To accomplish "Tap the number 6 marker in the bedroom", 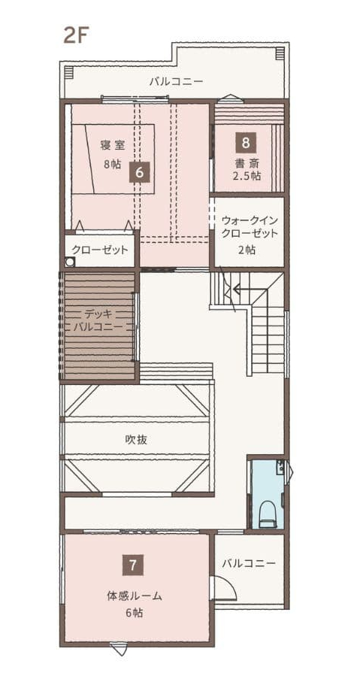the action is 139,172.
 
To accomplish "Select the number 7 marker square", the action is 133,565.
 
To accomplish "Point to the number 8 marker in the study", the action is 246,143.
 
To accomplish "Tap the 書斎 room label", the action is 247,162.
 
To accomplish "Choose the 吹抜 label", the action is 136,440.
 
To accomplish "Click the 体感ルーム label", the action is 135,596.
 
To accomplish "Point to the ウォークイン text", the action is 250,220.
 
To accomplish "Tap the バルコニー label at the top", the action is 176,81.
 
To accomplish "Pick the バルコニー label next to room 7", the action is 249,563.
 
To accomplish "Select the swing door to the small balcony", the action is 223,588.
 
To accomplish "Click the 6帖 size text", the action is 135,614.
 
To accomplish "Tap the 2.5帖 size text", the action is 247,176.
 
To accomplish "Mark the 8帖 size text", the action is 112,164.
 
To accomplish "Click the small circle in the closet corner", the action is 69,262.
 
